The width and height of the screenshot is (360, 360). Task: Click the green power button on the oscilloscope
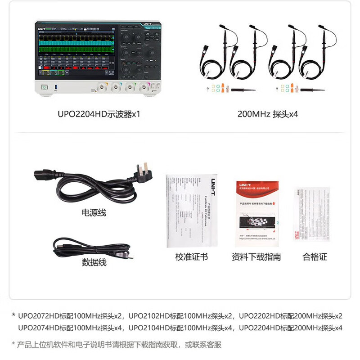pos(44,87)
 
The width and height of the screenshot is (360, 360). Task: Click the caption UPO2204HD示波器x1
pos(99,114)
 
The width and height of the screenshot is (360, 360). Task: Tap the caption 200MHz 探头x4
pos(268,114)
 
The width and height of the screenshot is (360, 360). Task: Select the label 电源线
pos(94,212)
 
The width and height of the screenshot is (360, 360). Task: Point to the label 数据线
pos(94,262)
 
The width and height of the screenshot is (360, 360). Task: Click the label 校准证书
pos(192,257)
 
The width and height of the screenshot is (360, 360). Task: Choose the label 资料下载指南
pos(256,257)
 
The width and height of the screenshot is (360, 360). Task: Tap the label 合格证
pos(315,257)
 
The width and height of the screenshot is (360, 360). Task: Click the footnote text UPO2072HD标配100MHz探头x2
pos(70,315)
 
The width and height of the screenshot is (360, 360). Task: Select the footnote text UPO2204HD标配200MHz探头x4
pos(290,328)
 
